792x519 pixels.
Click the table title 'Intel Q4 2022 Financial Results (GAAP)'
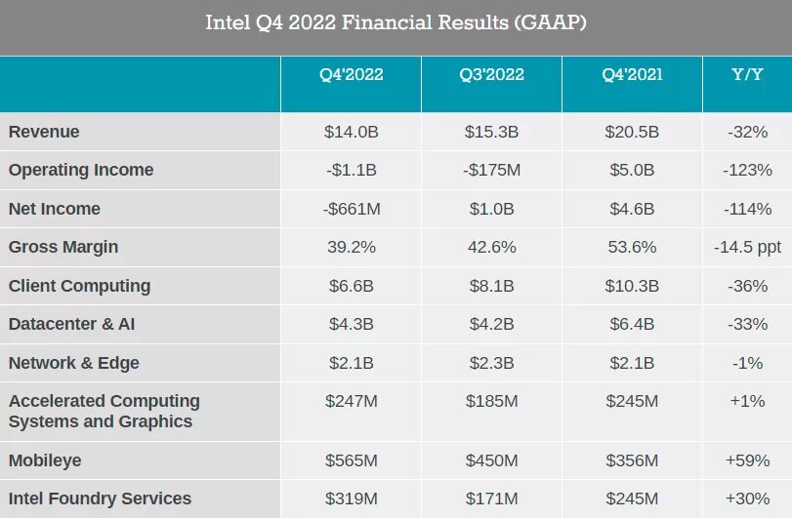[x=396, y=22]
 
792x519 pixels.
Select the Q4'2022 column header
[x=351, y=75]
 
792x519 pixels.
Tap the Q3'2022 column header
[x=491, y=75]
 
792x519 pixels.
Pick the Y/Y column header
[x=747, y=75]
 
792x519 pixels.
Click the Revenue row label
[x=44, y=132]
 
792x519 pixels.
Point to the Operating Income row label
[x=81, y=170]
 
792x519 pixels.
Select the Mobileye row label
[x=45, y=459]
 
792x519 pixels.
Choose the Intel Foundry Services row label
[x=100, y=499]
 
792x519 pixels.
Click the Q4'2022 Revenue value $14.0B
[x=351, y=132]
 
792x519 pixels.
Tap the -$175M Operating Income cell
[x=491, y=170]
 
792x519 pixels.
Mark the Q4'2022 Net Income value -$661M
[x=351, y=209]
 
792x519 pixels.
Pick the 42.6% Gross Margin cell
[x=491, y=247]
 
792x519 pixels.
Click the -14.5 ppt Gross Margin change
[x=747, y=247]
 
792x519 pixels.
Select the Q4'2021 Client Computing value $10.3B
[x=632, y=286]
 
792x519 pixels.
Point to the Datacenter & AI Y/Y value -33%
[x=747, y=324]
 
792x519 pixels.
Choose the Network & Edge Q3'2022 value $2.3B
[x=491, y=363]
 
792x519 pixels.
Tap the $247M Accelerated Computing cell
[x=351, y=401]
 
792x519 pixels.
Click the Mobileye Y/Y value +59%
[x=747, y=459]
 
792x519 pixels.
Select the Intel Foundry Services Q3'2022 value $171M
[x=491, y=499]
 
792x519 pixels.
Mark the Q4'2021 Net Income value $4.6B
[x=632, y=209]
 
